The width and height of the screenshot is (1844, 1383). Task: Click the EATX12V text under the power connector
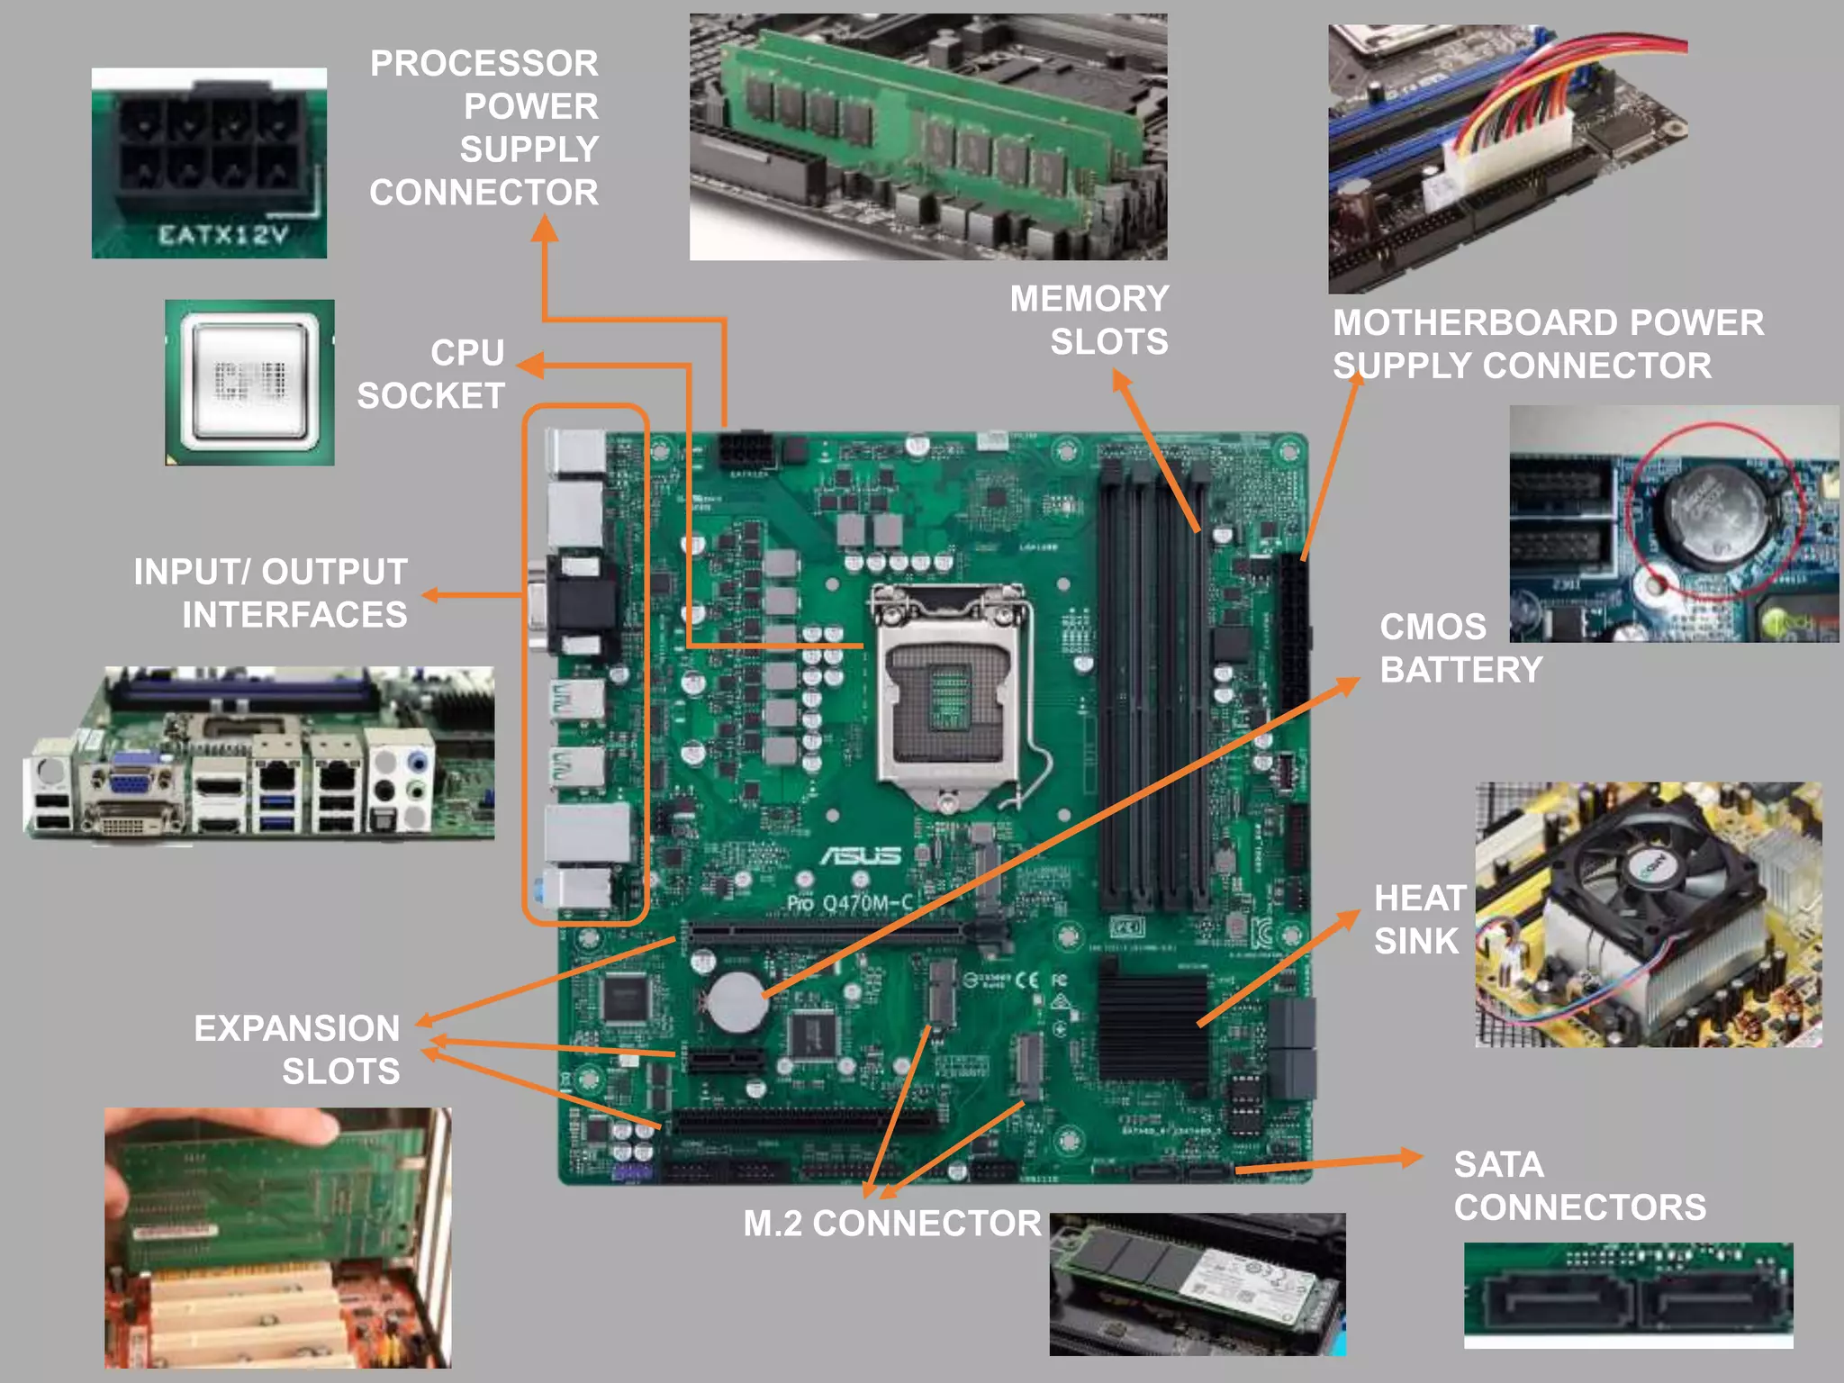(222, 236)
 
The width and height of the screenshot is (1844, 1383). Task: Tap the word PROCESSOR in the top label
(484, 64)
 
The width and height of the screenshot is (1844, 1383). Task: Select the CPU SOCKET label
(431, 375)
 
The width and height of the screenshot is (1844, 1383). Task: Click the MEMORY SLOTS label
(1089, 321)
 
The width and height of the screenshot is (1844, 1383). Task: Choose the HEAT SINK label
(1419, 919)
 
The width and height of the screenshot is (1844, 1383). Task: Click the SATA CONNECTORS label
(1579, 1186)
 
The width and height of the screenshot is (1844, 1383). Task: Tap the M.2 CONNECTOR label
(891, 1224)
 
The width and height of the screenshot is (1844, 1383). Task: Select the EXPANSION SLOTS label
(297, 1050)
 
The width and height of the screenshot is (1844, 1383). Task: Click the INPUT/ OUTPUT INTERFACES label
(271, 593)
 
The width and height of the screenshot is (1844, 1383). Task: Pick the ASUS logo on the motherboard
(860, 855)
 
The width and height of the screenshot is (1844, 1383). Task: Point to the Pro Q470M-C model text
(850, 903)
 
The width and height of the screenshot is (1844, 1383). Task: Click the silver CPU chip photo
(249, 382)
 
